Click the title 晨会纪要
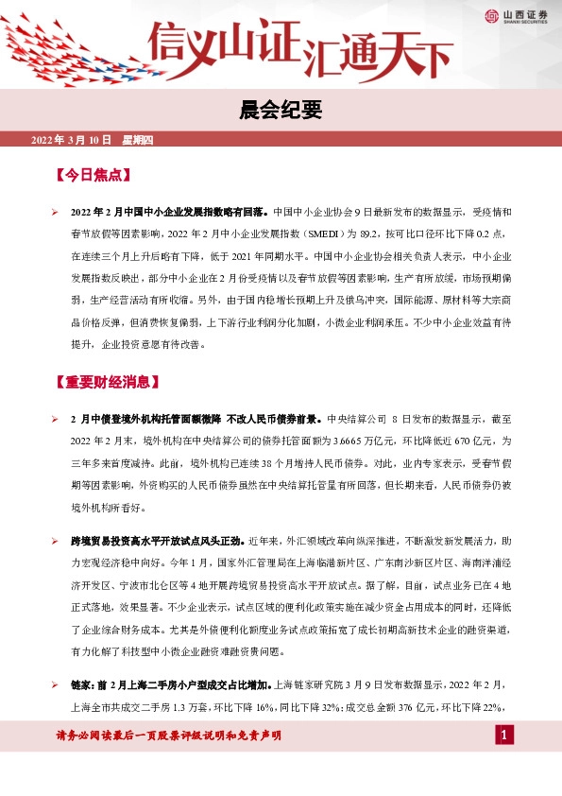pos(281,112)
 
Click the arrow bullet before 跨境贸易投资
pos(55,542)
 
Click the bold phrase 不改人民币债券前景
pos(273,417)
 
